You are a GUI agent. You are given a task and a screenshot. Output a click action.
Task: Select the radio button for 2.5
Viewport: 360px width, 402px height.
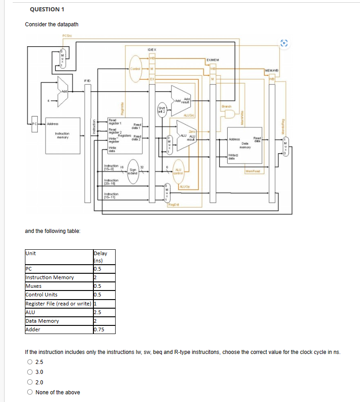(29, 362)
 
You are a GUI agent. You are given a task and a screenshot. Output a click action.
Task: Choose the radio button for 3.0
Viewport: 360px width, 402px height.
(29, 372)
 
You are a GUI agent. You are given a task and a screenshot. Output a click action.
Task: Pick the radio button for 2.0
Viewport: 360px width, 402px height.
(29, 382)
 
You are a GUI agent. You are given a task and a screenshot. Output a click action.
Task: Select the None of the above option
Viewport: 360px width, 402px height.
(29, 392)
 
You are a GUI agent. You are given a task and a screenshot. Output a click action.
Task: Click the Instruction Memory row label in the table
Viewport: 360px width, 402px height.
(50, 277)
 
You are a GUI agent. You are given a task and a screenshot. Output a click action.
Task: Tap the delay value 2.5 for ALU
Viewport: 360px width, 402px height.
(97, 312)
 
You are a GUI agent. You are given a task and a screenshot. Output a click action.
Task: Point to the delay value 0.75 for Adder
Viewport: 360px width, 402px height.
(98, 329)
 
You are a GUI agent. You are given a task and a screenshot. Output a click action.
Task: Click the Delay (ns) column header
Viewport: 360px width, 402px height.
(100, 257)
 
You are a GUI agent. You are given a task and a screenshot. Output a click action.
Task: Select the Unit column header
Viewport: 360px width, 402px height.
(31, 253)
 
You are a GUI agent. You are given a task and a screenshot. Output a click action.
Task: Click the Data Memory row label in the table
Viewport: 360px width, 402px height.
(42, 321)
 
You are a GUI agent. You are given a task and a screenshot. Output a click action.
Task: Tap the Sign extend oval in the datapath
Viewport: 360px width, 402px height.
(132, 171)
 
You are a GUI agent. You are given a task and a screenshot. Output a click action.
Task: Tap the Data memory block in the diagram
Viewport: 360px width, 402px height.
(244, 145)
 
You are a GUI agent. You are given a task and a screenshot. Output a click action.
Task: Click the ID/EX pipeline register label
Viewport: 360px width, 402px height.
(152, 49)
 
